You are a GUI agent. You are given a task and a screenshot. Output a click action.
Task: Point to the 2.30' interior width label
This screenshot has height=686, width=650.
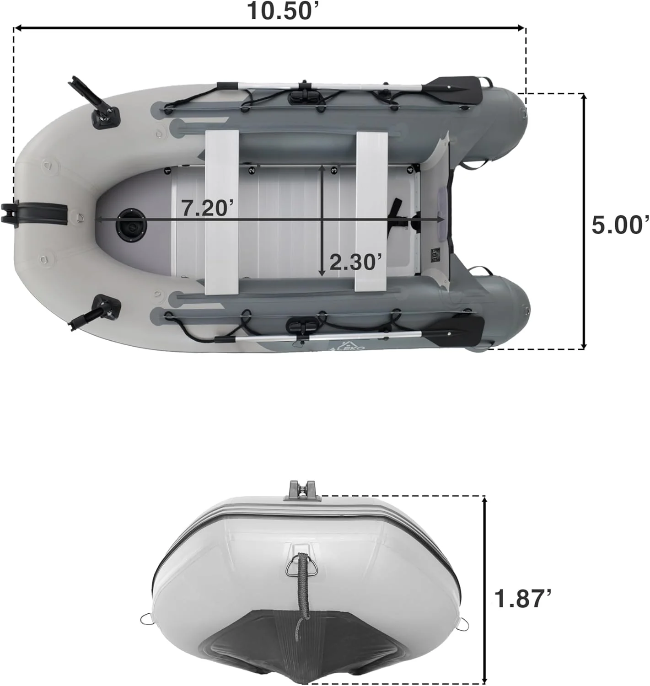click(355, 263)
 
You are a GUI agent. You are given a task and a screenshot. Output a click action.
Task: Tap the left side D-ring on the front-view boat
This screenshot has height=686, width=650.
click(146, 618)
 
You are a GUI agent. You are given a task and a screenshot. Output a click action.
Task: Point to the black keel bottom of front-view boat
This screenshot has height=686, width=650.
click(302, 649)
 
